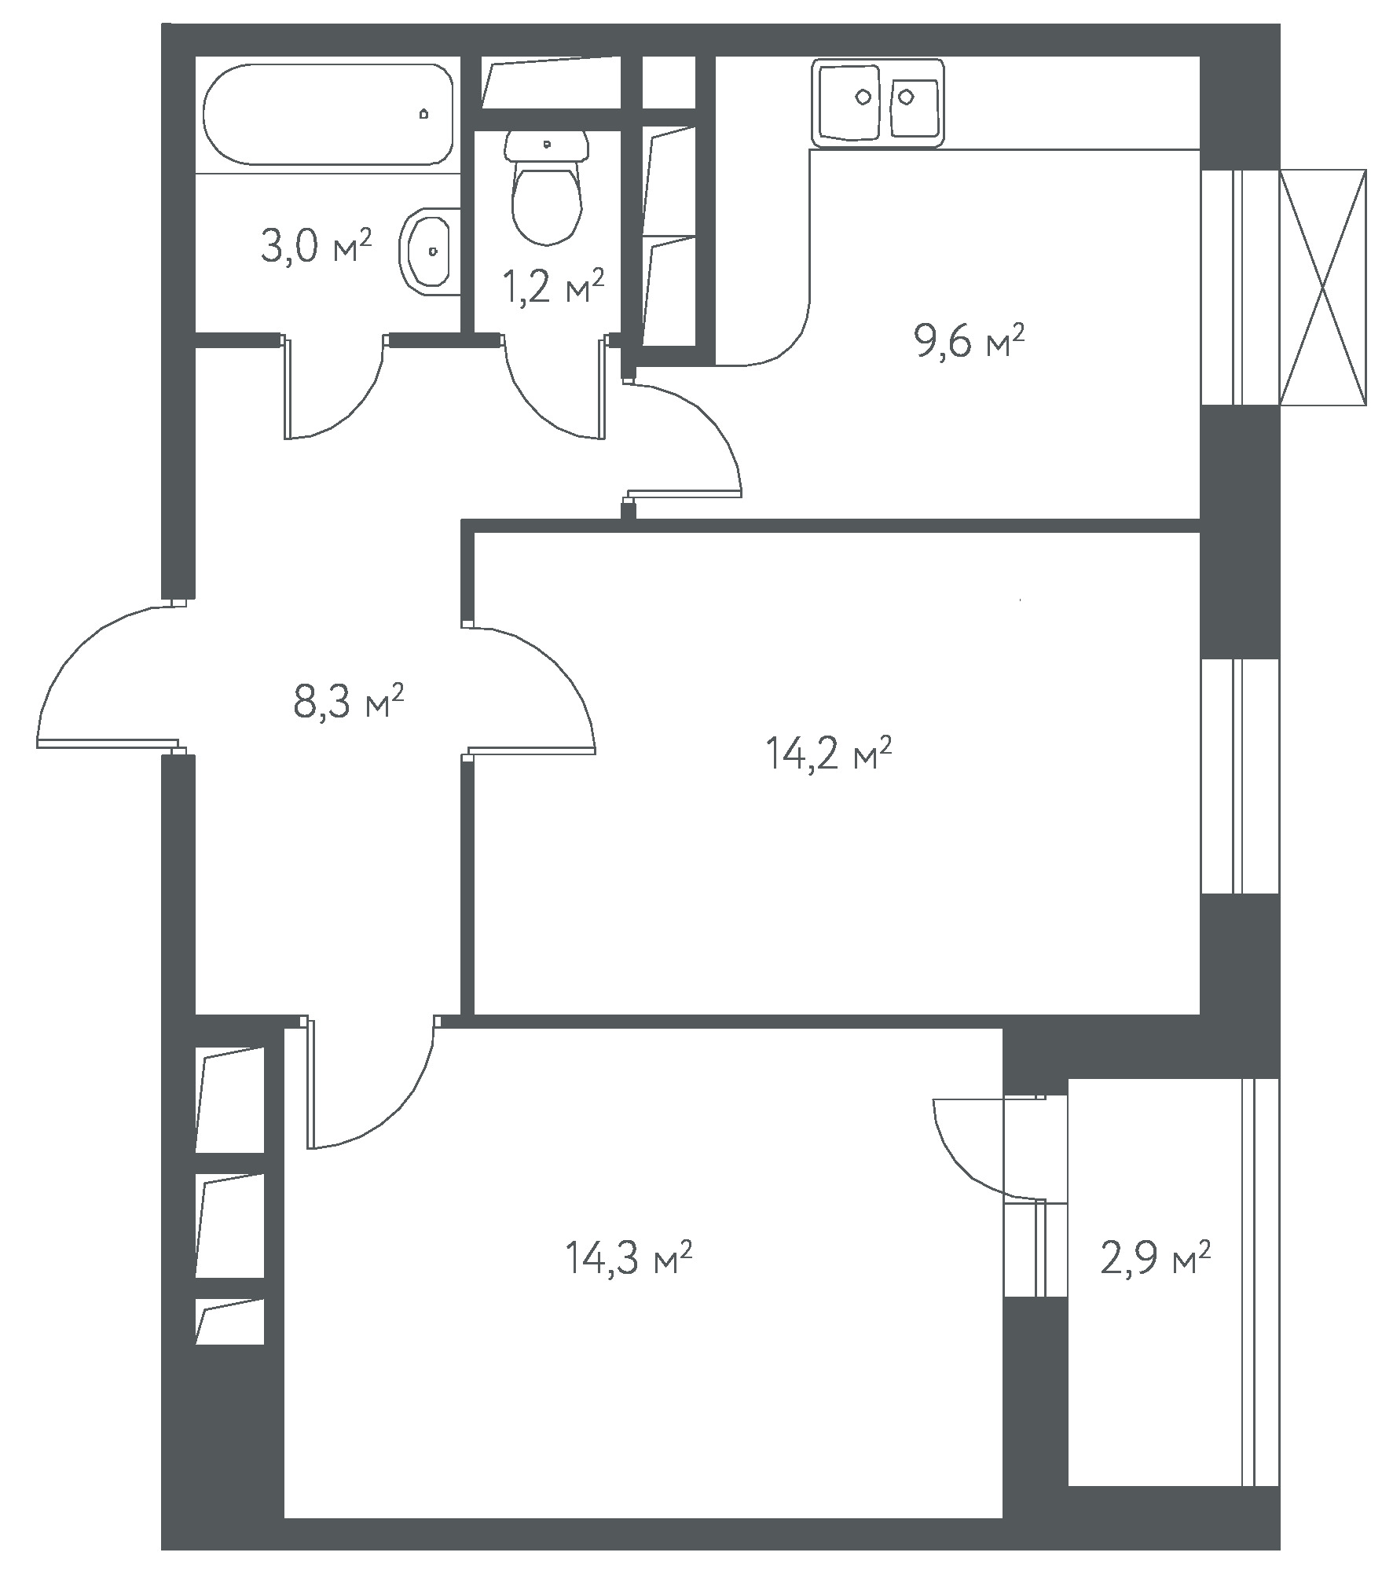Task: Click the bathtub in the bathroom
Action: click(328, 115)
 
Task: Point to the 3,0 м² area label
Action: click(314, 247)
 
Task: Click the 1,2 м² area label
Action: click(553, 288)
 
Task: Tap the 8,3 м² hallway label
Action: click(348, 701)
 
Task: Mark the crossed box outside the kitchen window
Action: click(1323, 288)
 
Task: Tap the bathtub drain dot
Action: click(424, 114)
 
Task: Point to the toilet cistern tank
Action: click(548, 145)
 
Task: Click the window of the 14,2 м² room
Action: click(1240, 776)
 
